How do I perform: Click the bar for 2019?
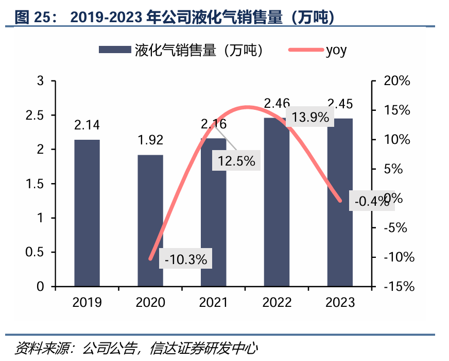pyautogui.click(x=87, y=212)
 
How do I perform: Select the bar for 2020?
pyautogui.click(x=150, y=220)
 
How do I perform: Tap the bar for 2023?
pyautogui.click(x=340, y=202)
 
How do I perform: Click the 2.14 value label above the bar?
pyautogui.click(x=87, y=125)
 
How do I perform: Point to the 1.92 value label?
pyautogui.click(x=150, y=140)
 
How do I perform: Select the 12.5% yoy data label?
pyautogui.click(x=236, y=161)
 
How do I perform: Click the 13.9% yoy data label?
pyautogui.click(x=310, y=118)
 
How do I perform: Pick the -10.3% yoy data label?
pyautogui.click(x=186, y=260)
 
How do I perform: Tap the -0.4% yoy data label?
pyautogui.click(x=372, y=201)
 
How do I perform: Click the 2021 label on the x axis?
pyautogui.click(x=214, y=302)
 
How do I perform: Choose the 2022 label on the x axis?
pyautogui.click(x=277, y=302)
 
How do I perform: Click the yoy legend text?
pyautogui.click(x=336, y=50)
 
